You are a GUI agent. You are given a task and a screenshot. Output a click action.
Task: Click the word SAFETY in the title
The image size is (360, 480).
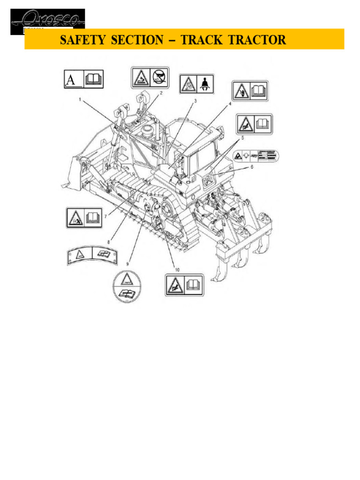tap(82, 40)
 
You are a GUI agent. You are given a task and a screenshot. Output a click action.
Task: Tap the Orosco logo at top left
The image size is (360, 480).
tap(48, 21)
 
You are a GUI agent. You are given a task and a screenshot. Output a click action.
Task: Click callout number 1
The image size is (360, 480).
tap(80, 99)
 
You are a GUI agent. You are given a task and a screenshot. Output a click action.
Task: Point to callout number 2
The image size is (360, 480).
tap(161, 93)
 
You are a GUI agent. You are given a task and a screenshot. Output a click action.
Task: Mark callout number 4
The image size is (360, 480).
tap(230, 105)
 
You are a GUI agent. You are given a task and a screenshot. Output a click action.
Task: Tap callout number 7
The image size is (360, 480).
tap(106, 216)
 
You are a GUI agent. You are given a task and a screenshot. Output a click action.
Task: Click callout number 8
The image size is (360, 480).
tap(109, 242)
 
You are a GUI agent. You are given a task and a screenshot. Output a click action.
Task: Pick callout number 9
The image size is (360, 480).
tap(126, 257)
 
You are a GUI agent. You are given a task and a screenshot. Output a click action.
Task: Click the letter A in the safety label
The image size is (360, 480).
tap(71, 80)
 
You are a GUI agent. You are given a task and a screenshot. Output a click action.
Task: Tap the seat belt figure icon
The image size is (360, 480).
tap(205, 84)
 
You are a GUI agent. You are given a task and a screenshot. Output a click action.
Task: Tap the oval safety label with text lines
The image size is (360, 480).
tap(255, 155)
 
